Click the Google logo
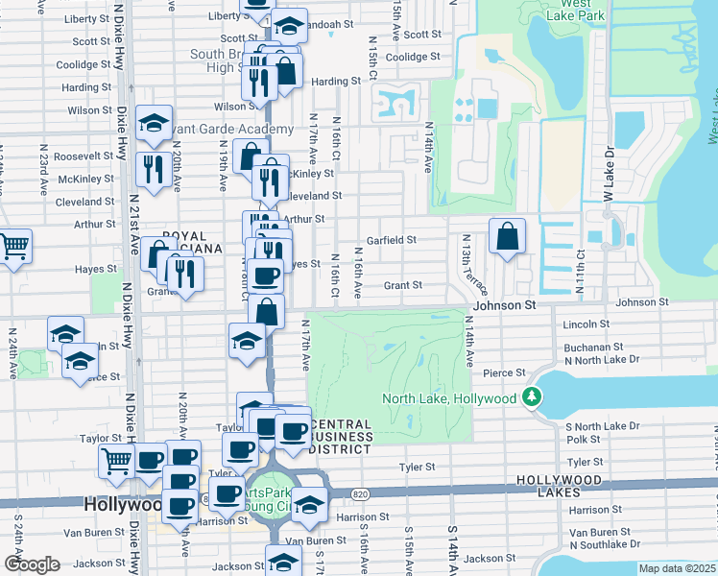(32, 565)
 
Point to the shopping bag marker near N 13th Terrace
(507, 236)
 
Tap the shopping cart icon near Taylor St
(116, 461)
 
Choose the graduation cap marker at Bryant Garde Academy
(154, 123)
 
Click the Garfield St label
(391, 240)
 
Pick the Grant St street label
(403, 285)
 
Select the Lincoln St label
(587, 324)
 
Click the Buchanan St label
(593, 347)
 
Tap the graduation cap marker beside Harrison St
(308, 502)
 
